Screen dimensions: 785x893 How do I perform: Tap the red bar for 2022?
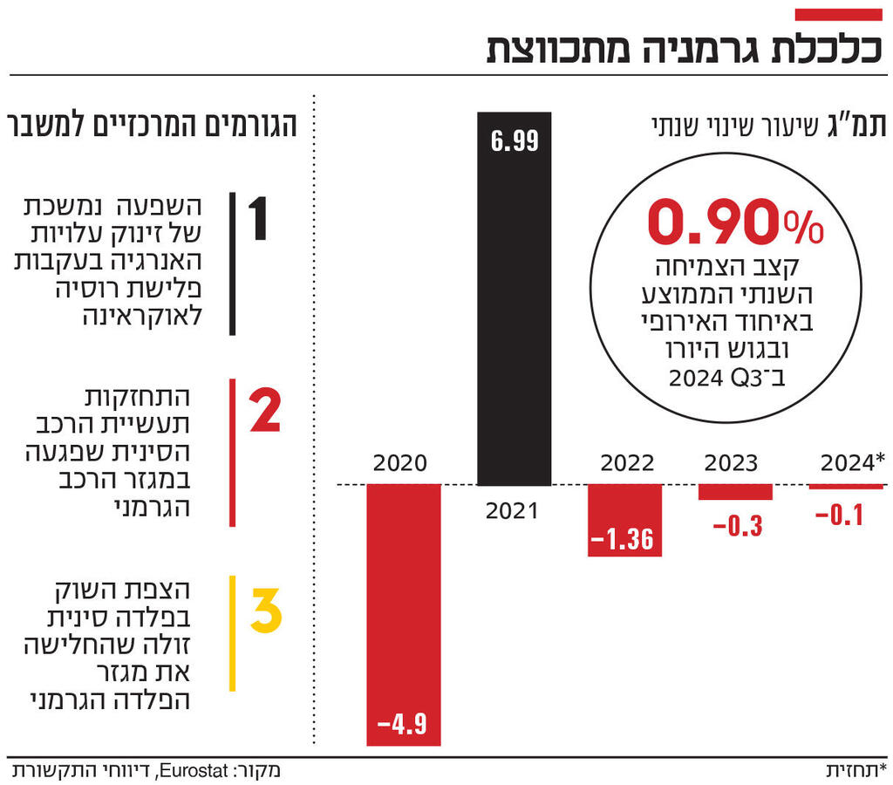624,520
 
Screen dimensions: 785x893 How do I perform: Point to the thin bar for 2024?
845,487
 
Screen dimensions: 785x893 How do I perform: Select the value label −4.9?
404,724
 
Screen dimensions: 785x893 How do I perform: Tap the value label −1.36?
624,540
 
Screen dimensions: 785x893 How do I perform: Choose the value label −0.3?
738,526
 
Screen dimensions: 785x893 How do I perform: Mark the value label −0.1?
839,515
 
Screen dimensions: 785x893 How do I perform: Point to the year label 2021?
512,510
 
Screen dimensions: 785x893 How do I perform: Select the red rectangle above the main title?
838,14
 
